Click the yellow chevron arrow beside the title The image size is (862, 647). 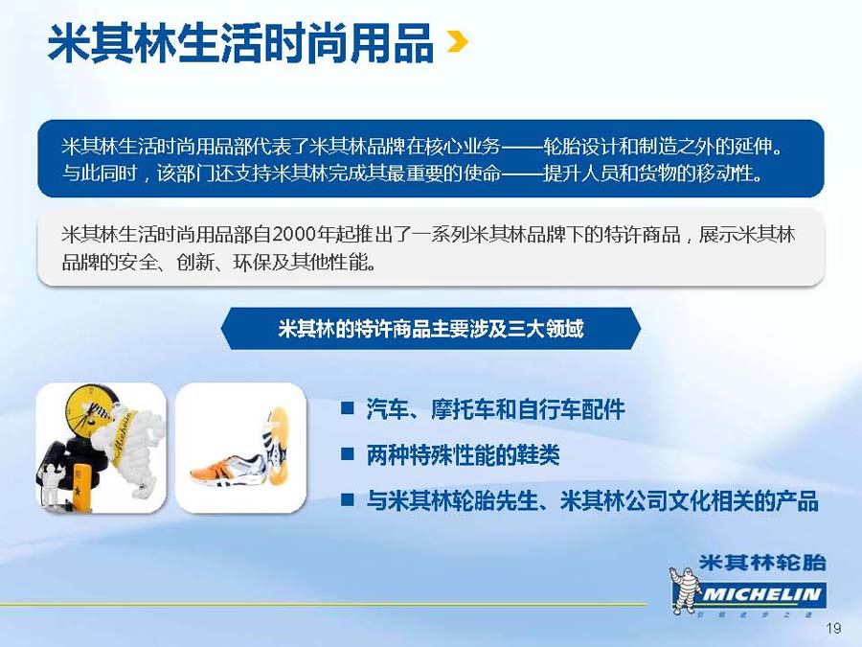[x=458, y=41]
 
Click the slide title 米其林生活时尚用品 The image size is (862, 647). [x=241, y=43]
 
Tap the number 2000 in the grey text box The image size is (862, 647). [x=295, y=235]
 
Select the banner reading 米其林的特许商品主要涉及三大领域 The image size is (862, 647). [x=430, y=329]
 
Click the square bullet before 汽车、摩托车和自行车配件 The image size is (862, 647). [x=347, y=407]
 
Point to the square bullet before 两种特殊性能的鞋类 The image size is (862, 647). [x=347, y=453]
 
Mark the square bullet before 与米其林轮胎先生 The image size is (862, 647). [x=347, y=499]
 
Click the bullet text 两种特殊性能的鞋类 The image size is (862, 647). [x=463, y=455]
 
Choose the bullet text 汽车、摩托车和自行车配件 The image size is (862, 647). [x=495, y=409]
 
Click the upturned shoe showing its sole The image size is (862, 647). [x=277, y=445]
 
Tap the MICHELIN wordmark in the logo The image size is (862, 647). [x=761, y=594]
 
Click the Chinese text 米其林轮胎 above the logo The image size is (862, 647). [x=762, y=563]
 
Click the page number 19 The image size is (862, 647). [x=833, y=628]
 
